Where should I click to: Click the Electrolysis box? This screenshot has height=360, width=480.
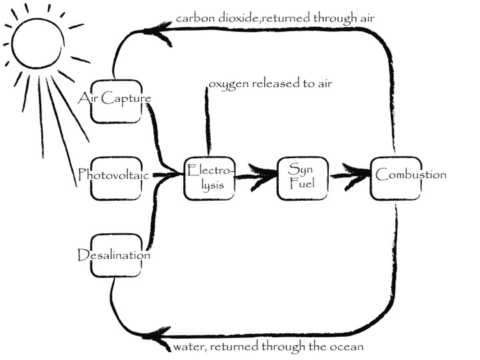[210, 177]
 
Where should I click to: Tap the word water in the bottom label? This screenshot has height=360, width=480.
[188, 347]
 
